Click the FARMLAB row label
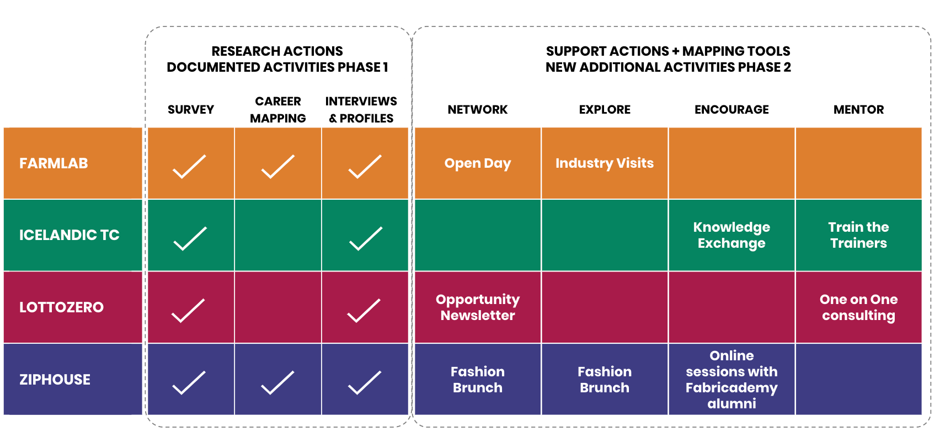point(54,163)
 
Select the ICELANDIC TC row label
point(70,235)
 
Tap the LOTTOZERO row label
point(61,307)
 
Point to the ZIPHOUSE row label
point(55,380)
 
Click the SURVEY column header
point(191,110)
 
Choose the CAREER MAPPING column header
point(278,110)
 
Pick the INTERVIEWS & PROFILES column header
point(361,110)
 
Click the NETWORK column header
point(478,110)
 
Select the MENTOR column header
point(858,110)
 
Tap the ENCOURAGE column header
point(731,110)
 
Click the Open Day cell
point(478,163)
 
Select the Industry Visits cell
point(604,163)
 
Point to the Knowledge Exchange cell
point(731,235)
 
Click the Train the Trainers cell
point(858,235)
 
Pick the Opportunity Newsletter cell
point(478,307)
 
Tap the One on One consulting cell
point(858,307)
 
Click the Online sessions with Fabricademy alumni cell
point(731,380)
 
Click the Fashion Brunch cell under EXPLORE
point(604,380)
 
